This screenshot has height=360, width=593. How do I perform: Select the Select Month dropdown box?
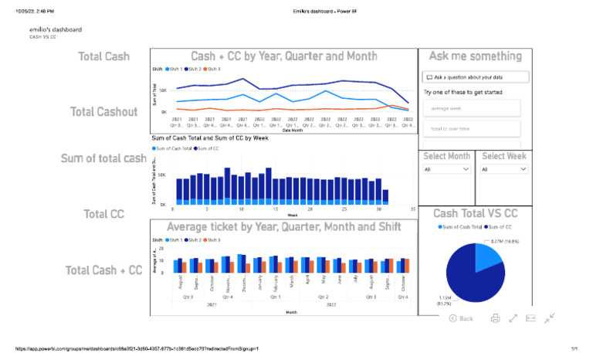pyautogui.click(x=446, y=169)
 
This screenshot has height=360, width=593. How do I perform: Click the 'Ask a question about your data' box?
pyautogui.click(x=476, y=77)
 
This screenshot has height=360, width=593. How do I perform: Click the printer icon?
pyautogui.click(x=496, y=318)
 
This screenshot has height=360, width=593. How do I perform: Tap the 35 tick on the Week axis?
pyautogui.click(x=413, y=209)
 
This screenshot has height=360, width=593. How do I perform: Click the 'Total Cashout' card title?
pyautogui.click(x=103, y=112)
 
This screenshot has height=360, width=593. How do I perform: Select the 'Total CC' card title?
pyautogui.click(x=103, y=214)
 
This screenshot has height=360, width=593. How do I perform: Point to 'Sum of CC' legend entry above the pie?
pyautogui.click(x=503, y=227)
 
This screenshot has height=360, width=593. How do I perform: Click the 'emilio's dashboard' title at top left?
pyautogui.click(x=56, y=29)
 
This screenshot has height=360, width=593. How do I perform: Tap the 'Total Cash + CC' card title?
pyautogui.click(x=103, y=270)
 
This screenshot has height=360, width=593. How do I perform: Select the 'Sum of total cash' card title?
pyautogui.click(x=103, y=158)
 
